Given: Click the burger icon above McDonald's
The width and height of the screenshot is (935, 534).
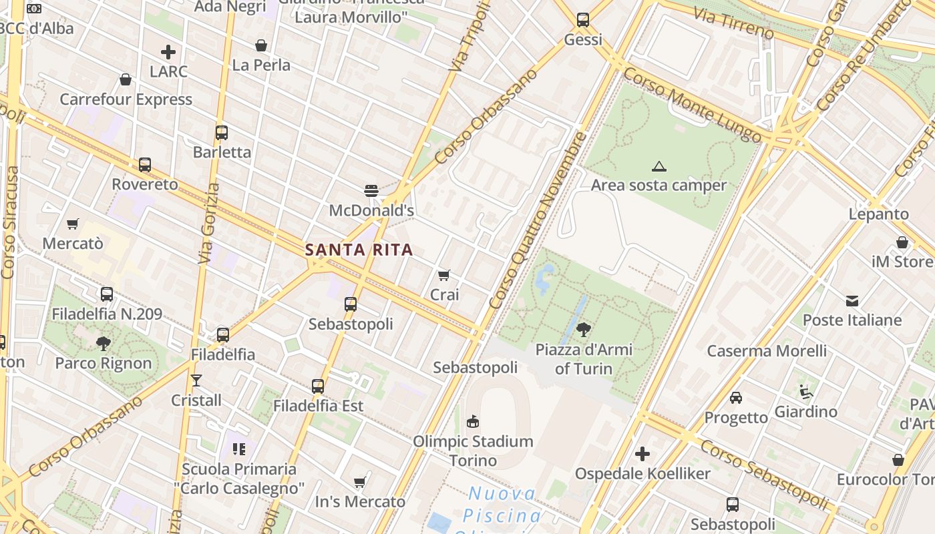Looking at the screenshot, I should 371,191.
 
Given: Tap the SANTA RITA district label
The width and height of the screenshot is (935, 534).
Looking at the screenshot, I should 359,250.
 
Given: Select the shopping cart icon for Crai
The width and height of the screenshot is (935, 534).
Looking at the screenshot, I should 444,275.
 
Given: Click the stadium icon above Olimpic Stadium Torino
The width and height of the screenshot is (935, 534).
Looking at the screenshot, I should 473,421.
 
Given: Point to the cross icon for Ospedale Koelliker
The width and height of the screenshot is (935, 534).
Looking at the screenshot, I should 642,455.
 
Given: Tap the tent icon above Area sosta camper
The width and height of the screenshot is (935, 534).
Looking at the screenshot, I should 659,166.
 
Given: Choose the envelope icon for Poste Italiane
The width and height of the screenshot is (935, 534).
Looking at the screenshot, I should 852,300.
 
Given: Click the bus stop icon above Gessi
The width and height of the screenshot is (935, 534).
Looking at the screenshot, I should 583,20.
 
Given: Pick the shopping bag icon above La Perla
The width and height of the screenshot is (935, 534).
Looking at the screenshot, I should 261,45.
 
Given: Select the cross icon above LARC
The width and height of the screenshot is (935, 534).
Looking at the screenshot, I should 168,51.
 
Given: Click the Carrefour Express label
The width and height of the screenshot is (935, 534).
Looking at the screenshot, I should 126,99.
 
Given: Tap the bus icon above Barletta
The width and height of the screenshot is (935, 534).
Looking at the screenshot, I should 222,132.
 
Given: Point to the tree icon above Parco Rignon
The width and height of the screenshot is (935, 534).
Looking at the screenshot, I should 104,344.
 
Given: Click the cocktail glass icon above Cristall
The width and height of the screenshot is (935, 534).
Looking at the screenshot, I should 196,380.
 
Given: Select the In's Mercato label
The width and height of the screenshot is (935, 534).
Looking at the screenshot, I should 360,501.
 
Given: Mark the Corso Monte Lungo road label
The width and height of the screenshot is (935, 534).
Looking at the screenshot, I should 692,107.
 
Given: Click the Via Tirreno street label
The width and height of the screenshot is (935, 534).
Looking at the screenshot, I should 733,22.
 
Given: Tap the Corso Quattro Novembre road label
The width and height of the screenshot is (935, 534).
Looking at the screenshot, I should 539,220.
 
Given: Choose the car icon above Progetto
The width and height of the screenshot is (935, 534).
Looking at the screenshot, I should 736,398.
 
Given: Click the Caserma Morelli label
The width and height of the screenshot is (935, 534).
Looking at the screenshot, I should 767,350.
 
